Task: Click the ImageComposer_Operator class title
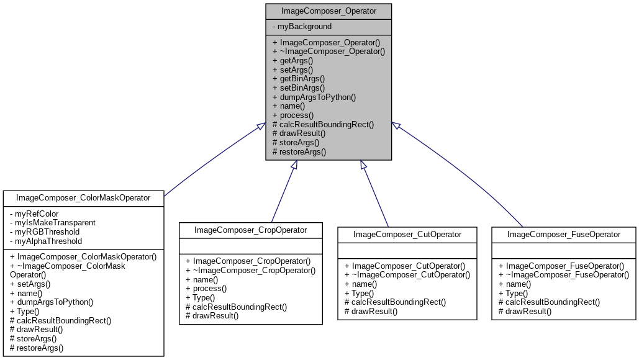tap(329, 11)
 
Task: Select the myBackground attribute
tap(302, 27)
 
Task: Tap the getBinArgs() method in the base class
tap(299, 79)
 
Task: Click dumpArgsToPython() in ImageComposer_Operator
tap(314, 97)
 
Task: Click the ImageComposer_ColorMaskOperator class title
tap(83, 198)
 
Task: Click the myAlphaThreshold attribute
tap(47, 241)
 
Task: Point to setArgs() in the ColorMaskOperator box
tap(31, 284)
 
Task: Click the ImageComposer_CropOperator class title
tap(251, 230)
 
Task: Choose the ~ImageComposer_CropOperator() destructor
tap(251, 271)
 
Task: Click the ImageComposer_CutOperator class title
tap(407, 235)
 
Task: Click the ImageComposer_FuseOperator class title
tap(564, 235)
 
